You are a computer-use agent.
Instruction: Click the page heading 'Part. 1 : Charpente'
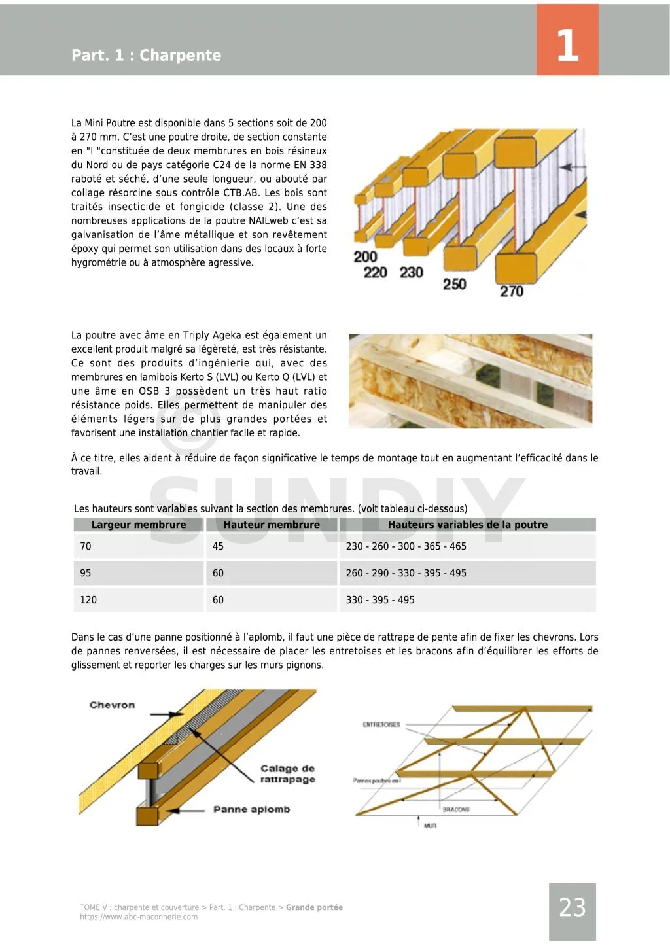tap(146, 55)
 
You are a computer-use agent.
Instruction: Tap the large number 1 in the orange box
tap(567, 45)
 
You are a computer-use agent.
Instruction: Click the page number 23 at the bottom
tap(572, 907)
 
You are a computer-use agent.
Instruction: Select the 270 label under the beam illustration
tap(512, 291)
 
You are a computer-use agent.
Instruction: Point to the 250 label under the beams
tap(454, 284)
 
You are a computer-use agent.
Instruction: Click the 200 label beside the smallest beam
tap(365, 256)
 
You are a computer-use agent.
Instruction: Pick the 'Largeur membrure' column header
tap(138, 525)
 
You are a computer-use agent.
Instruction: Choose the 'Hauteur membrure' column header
tap(272, 525)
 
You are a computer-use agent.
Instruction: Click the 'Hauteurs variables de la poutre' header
tap(467, 525)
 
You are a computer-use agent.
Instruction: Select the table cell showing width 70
tap(86, 546)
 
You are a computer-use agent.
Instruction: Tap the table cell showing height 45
tap(218, 546)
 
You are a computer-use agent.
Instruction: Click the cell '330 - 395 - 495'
tap(380, 600)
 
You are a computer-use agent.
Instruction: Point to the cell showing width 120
tap(88, 600)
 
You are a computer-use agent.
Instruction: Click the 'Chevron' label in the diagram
tap(112, 705)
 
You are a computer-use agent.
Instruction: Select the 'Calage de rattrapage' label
tap(287, 774)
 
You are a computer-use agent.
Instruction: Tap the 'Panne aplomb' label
tap(251, 810)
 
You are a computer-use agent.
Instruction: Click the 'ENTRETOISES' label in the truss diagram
tap(381, 725)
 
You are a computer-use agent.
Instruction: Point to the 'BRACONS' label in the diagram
tap(456, 810)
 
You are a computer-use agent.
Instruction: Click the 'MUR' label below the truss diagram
tap(430, 826)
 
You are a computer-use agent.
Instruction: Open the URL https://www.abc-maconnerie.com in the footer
tap(139, 917)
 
